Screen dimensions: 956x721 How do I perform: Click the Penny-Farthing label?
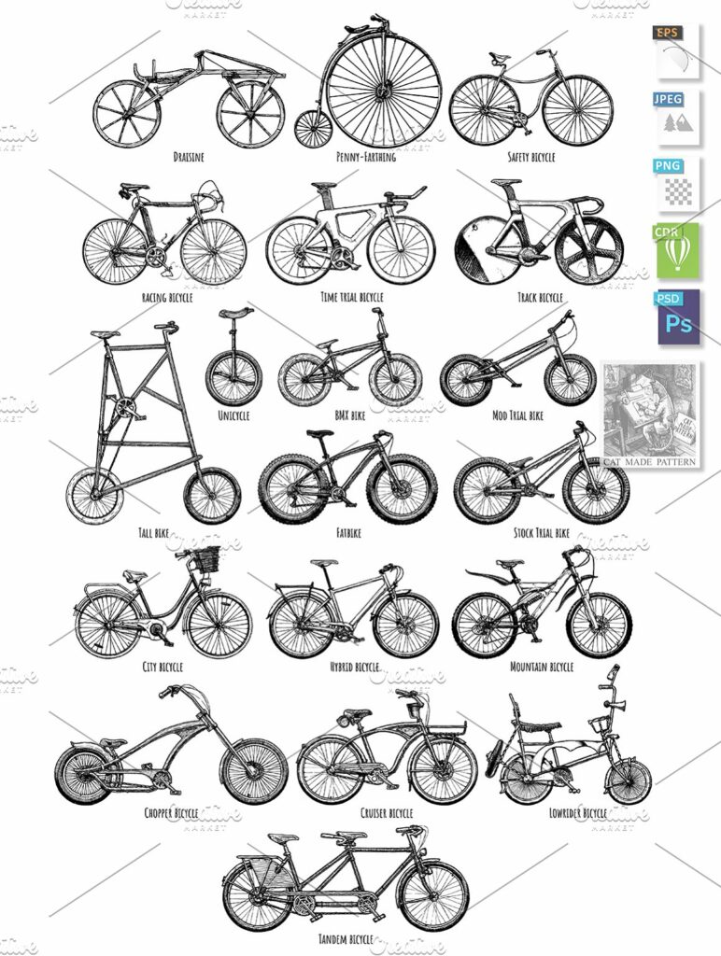point(365,157)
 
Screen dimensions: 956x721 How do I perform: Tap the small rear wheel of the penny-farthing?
point(314,128)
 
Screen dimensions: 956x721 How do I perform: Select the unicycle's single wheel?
point(233,377)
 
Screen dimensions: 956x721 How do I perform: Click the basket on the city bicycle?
point(205,559)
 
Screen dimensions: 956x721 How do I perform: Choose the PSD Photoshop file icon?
point(678,317)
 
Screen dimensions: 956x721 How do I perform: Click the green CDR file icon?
point(678,250)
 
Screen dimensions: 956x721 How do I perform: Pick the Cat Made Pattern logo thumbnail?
point(650,412)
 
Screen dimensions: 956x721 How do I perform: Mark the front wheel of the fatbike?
point(402,488)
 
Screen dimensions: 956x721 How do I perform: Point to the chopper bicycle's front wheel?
point(254,771)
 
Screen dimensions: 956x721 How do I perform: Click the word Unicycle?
point(233,415)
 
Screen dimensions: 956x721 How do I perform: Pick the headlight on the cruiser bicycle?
point(344,719)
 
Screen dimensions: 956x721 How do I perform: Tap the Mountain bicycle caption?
point(543,667)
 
